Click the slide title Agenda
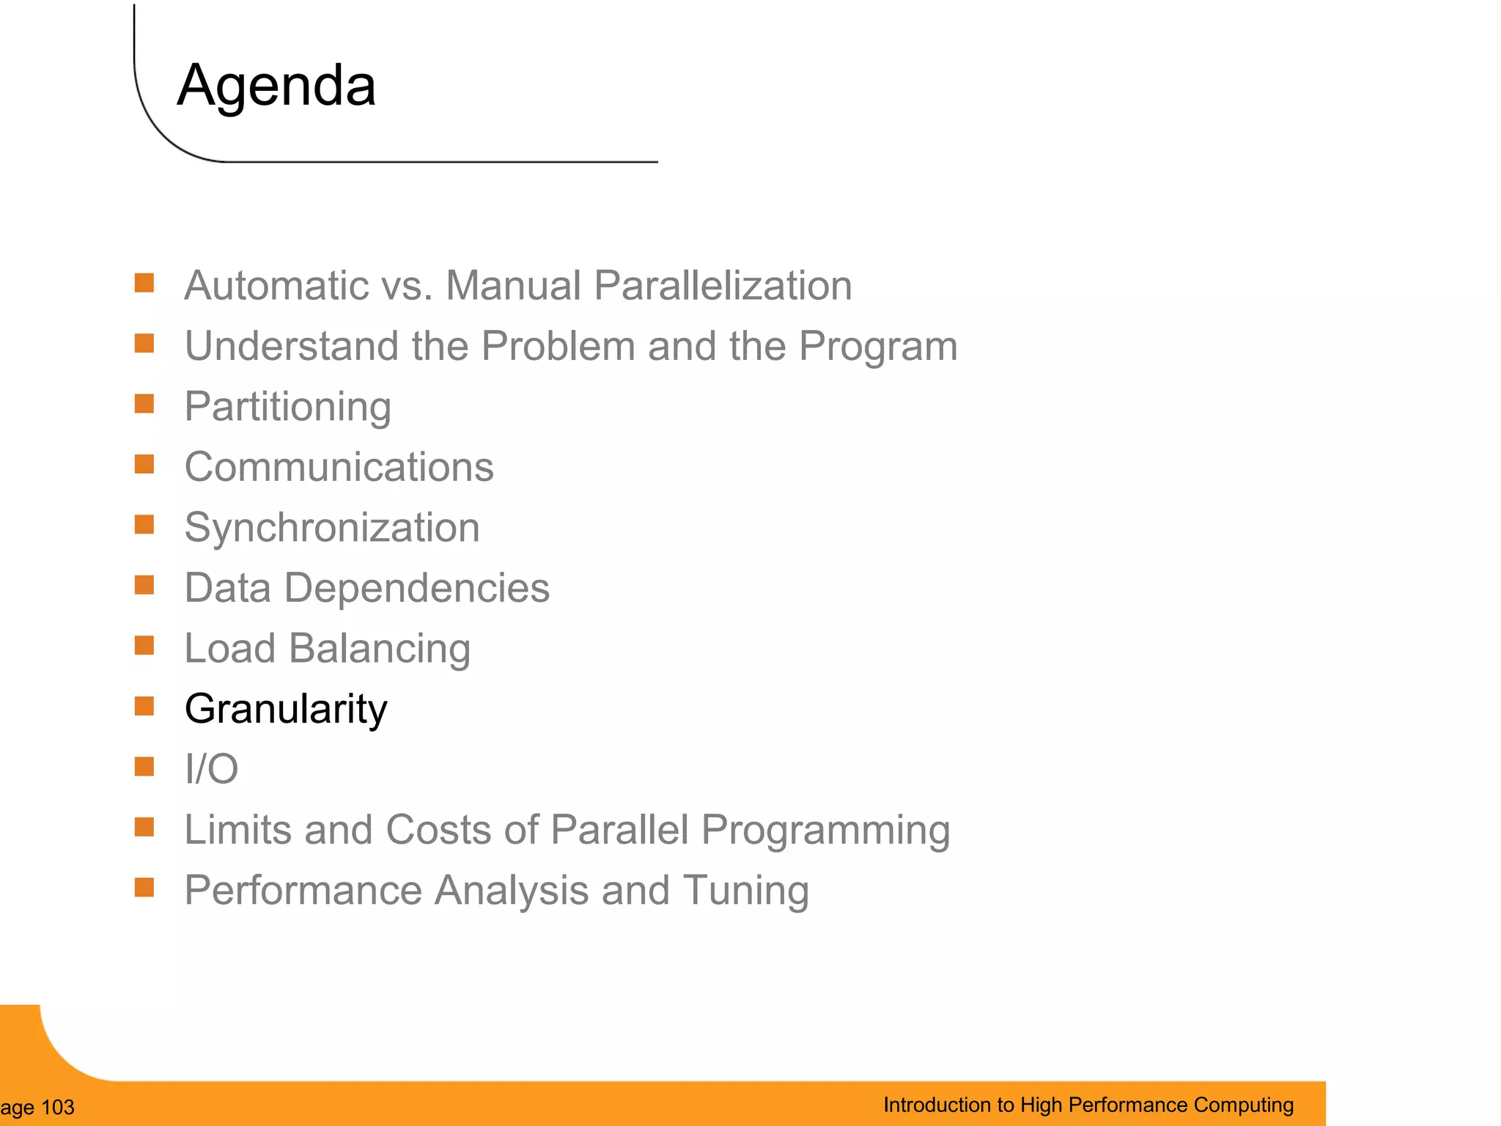(276, 86)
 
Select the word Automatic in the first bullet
(276, 285)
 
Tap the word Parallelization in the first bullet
(723, 285)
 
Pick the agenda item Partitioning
(287, 407)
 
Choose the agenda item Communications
(339, 467)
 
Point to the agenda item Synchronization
(332, 528)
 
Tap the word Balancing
(379, 649)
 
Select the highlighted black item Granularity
(286, 709)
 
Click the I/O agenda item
(211, 769)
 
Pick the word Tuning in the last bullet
(745, 891)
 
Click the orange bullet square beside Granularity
(144, 706)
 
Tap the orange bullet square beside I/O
(144, 767)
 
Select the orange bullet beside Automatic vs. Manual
(144, 283)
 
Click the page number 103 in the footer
(58, 1108)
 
